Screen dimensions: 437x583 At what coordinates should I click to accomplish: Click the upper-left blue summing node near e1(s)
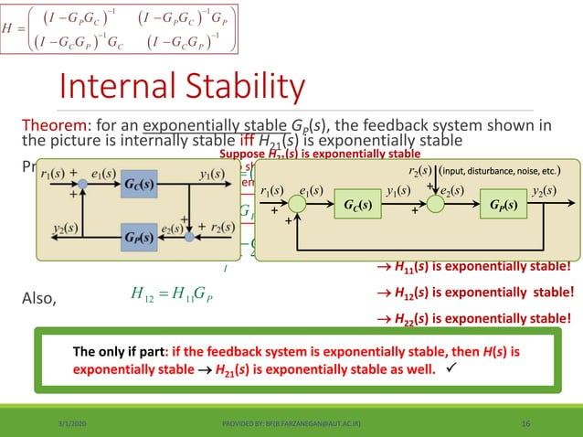pos(83,184)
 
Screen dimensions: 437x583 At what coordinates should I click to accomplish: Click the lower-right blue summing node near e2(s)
pos(189,235)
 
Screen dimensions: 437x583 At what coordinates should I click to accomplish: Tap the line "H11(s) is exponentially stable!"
pos(474,267)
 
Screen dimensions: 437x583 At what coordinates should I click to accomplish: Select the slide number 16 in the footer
pos(526,423)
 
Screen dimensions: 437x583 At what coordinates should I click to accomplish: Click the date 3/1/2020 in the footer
pos(42,423)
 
